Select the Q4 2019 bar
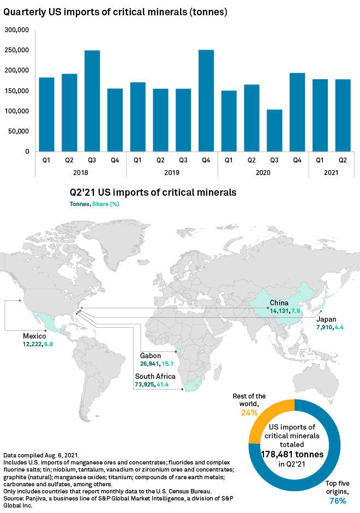206,100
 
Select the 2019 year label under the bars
172,172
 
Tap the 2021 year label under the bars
332,172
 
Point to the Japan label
327,319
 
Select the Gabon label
151,354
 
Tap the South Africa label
155,377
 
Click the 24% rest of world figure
249,413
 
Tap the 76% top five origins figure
336,500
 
